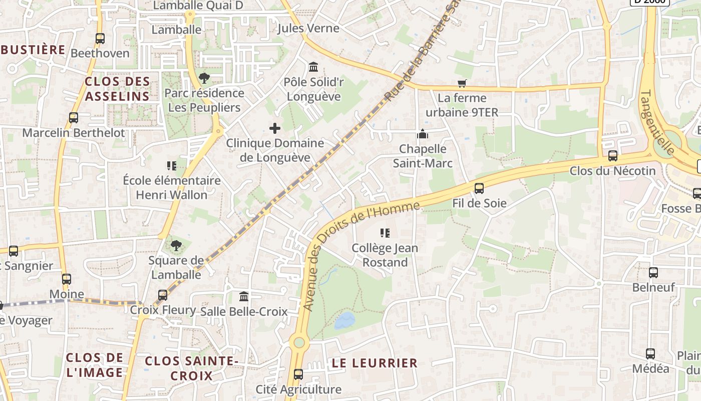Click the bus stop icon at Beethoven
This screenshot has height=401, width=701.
pyautogui.click(x=100, y=38)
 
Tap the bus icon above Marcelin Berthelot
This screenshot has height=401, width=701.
pyautogui.click(x=74, y=118)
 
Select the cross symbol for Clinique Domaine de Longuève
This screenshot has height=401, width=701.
pyautogui.click(x=275, y=128)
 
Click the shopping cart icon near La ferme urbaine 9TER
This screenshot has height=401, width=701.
pyautogui.click(x=462, y=83)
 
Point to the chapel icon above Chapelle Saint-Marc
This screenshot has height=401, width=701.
pyautogui.click(x=423, y=134)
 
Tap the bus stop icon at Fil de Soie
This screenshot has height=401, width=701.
pyautogui.click(x=479, y=188)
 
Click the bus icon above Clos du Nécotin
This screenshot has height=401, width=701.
pyautogui.click(x=613, y=156)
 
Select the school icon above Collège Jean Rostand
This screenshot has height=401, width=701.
pyautogui.click(x=385, y=233)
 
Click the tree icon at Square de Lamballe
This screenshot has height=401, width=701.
pyautogui.click(x=176, y=246)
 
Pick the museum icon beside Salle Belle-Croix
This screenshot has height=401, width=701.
pyautogui.click(x=244, y=296)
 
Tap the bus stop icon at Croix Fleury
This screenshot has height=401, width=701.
pyautogui.click(x=163, y=295)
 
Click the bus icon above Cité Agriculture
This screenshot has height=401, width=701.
pyautogui.click(x=298, y=374)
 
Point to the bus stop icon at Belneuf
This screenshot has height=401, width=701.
pyautogui.click(x=653, y=273)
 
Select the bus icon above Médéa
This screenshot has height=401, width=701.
pyautogui.click(x=650, y=354)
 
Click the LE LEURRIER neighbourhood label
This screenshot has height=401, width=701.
pyautogui.click(x=375, y=363)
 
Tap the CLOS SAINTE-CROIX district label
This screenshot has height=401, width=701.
pyautogui.click(x=191, y=368)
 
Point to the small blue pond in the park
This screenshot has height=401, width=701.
pyautogui.click(x=344, y=320)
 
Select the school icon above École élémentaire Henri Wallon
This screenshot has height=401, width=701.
pyautogui.click(x=172, y=165)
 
